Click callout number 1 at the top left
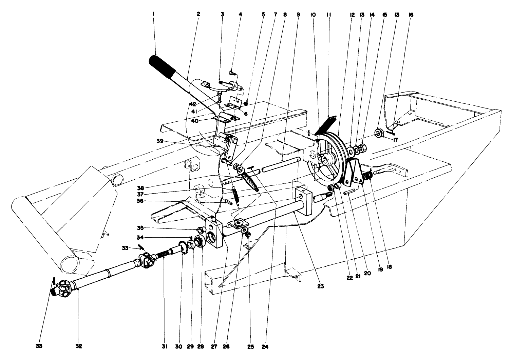tap(153, 14)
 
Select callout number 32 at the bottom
tap(79, 346)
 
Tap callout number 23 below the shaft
tap(321, 286)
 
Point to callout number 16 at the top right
tap(411, 15)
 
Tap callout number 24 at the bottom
tap(266, 346)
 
